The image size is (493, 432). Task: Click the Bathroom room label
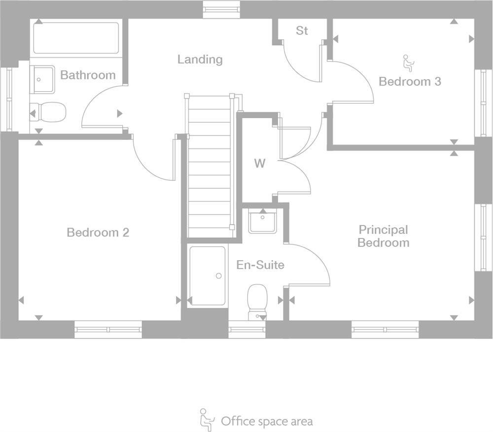[88, 75]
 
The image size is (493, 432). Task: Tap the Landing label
[200, 60]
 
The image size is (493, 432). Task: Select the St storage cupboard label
[302, 31]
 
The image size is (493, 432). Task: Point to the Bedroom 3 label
[410, 81]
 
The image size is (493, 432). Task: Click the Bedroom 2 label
[98, 232]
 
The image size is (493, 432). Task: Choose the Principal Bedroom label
[383, 236]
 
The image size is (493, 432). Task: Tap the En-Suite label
[260, 265]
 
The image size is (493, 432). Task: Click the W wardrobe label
[259, 164]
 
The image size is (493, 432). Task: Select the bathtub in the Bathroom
[76, 37]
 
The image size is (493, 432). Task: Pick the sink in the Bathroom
[43, 79]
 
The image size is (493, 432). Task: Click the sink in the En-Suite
[263, 221]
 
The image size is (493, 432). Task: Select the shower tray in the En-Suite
[208, 276]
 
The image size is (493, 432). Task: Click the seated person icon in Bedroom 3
[409, 63]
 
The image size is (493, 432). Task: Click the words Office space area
[266, 421]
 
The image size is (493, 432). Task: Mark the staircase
[209, 167]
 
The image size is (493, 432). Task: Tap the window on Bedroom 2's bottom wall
[108, 329]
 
